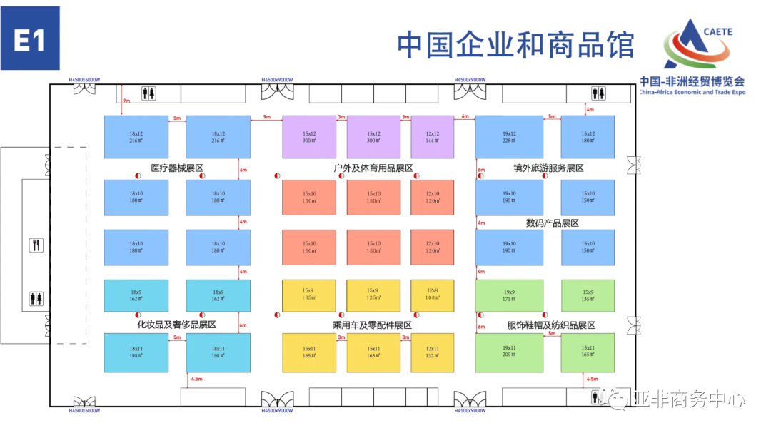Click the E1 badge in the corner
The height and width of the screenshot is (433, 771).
pyautogui.click(x=30, y=39)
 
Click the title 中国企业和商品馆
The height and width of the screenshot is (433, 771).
pyautogui.click(x=515, y=44)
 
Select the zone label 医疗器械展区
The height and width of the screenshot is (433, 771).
pyautogui.click(x=177, y=168)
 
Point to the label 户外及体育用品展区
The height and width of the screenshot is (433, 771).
pyautogui.click(x=373, y=168)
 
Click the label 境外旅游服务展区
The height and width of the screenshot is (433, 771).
pyautogui.click(x=548, y=168)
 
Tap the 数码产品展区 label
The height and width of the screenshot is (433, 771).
pyautogui.click(x=552, y=223)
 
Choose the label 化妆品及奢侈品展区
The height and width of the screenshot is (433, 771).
pyautogui.click(x=176, y=325)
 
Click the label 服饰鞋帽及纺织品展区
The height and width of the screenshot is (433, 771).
pyautogui.click(x=551, y=325)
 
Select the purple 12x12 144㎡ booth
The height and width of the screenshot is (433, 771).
pyautogui.click(x=432, y=137)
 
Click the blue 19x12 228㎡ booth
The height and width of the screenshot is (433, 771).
pyautogui.click(x=509, y=137)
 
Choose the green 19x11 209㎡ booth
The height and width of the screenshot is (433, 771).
pyautogui.click(x=509, y=352)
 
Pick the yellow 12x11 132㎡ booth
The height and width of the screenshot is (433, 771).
pyautogui.click(x=432, y=352)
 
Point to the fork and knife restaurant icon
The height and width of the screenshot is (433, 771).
pyautogui.click(x=36, y=245)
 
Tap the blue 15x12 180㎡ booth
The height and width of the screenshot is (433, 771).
pyautogui.click(x=588, y=137)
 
